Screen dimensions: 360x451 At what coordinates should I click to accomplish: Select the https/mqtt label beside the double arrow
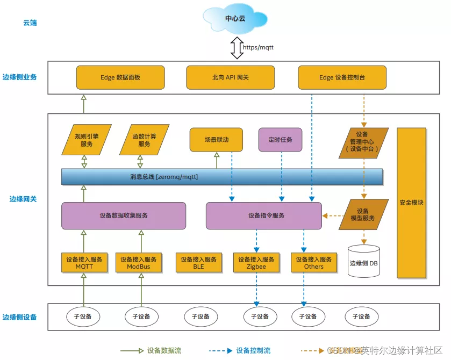click(258, 47)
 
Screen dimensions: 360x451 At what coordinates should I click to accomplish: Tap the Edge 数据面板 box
click(120, 77)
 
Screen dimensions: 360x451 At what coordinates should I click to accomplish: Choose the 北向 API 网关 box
click(230, 77)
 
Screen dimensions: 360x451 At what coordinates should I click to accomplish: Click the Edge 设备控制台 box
click(342, 77)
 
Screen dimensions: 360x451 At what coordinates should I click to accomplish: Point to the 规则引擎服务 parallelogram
click(86, 140)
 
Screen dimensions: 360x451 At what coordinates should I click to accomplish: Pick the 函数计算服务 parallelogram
click(144, 140)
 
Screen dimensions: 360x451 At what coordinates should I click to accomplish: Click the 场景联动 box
click(216, 140)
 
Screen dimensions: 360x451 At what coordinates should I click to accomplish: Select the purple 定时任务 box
click(280, 140)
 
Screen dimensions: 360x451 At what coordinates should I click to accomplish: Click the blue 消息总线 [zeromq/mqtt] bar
click(221, 176)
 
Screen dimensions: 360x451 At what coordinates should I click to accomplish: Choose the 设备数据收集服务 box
click(124, 215)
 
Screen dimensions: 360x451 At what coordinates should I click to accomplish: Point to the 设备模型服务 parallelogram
click(363, 215)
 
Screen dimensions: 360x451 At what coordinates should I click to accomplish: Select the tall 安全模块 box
click(411, 203)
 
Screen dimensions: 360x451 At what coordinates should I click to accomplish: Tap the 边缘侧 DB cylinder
click(364, 262)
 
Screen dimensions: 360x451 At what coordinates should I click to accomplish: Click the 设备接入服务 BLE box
click(199, 263)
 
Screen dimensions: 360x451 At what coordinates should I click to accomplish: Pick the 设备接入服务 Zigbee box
click(256, 263)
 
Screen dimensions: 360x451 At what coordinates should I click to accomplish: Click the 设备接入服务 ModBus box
click(139, 263)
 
